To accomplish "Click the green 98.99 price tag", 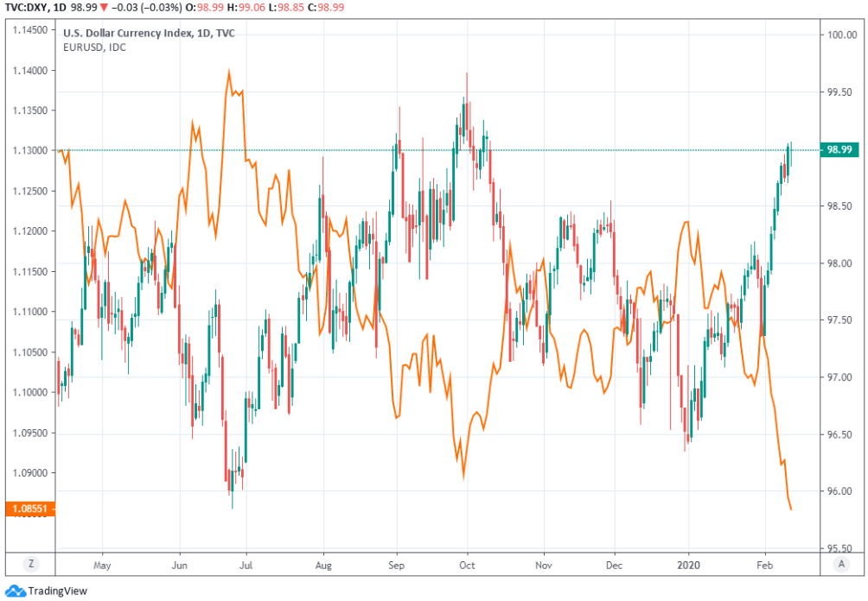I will pos(839,149).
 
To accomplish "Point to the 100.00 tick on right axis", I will pos(839,35).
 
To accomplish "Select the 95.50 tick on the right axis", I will pos(839,548).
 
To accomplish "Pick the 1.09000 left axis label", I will pos(30,473).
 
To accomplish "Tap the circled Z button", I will pos(31,564).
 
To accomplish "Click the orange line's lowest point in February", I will pos(792,509).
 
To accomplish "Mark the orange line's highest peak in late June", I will pos(229,72).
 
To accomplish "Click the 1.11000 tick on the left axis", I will pos(30,312).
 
